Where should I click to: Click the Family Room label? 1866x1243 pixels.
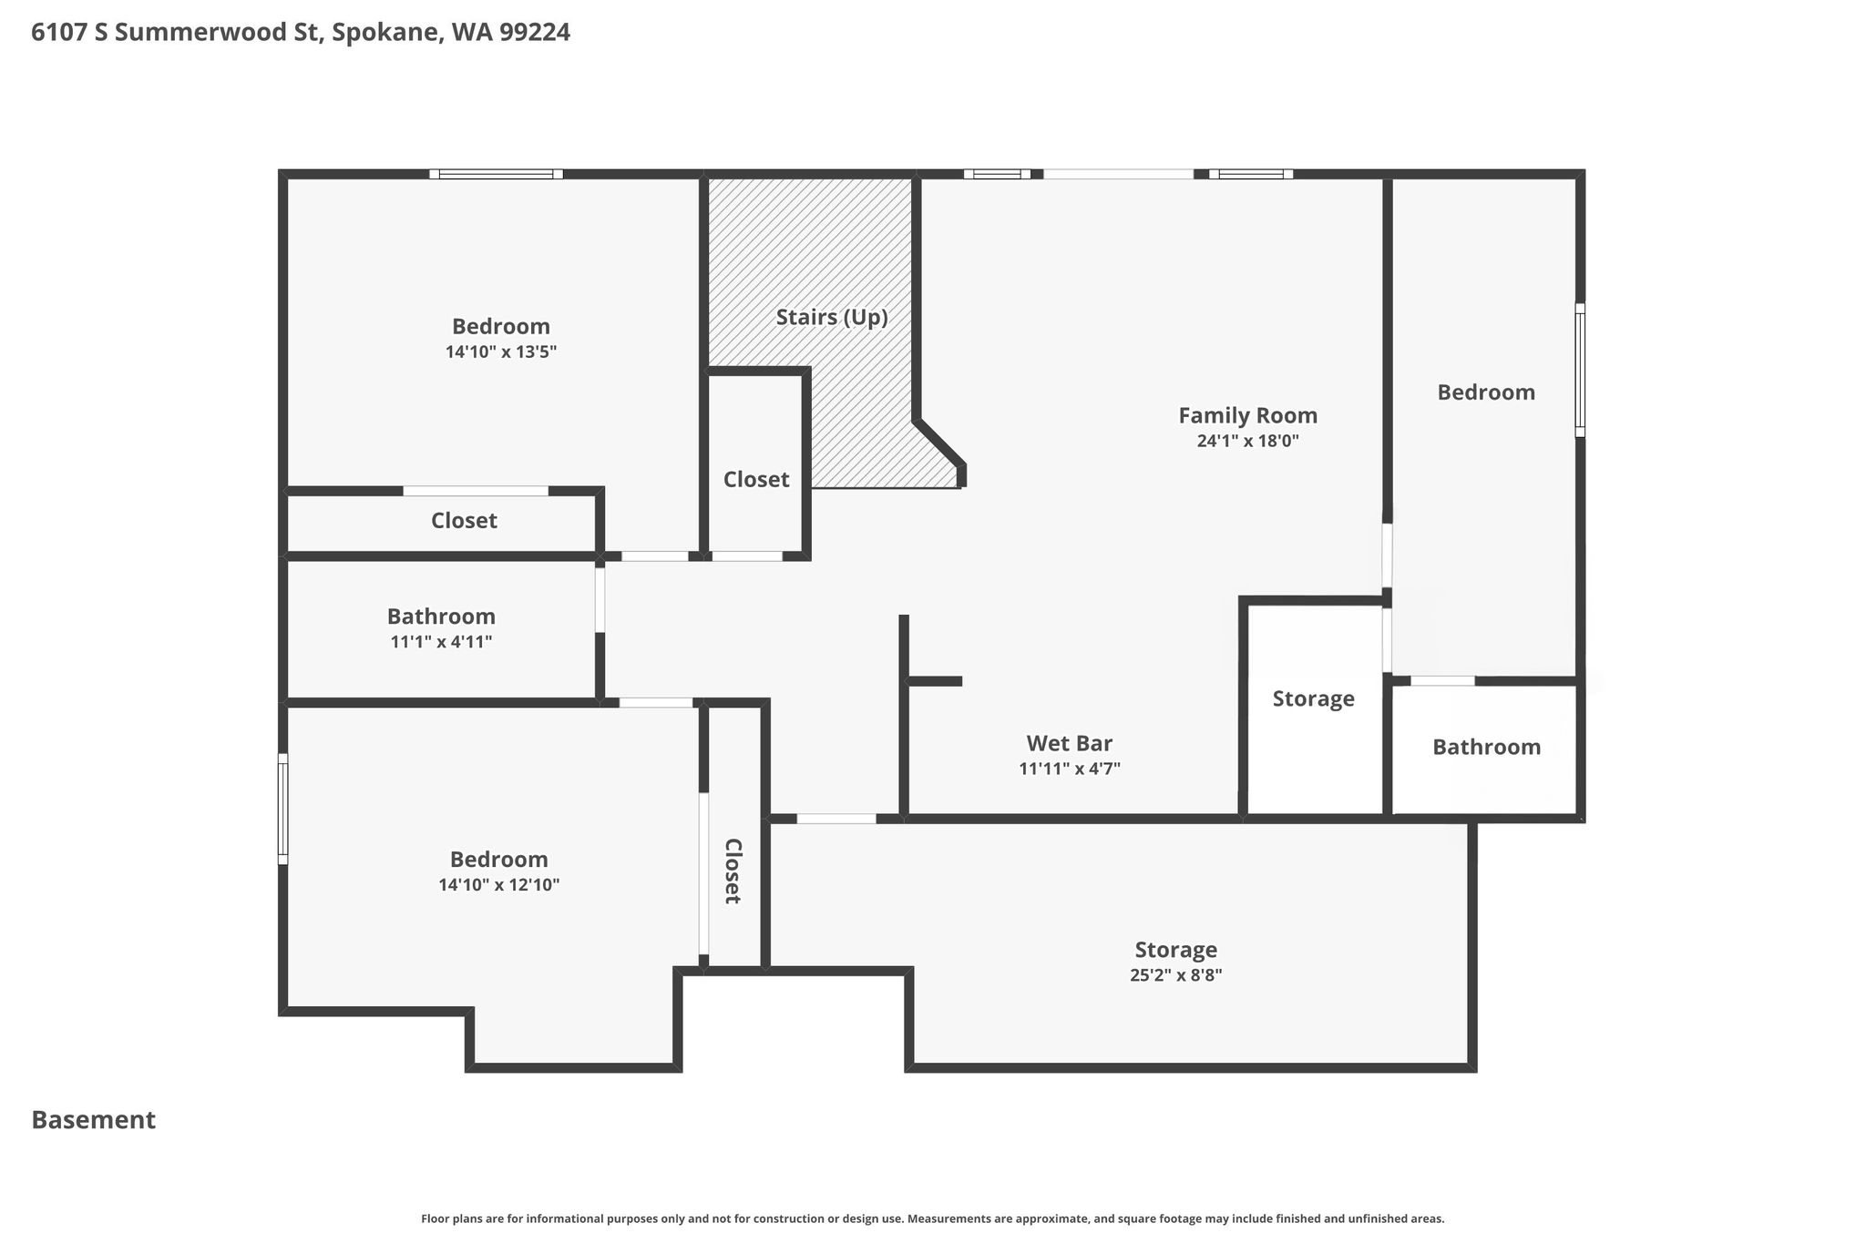tap(1247, 415)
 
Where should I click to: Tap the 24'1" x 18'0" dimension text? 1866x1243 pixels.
tap(1247, 441)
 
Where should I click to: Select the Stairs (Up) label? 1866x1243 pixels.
tap(832, 318)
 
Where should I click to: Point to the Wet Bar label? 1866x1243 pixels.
tap(1069, 743)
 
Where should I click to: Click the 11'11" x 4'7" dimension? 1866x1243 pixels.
tap(1069, 769)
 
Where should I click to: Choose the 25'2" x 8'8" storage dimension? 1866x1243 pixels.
tap(1175, 975)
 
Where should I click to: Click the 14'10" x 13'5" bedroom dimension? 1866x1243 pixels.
tap(500, 352)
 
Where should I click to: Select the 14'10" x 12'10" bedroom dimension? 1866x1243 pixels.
tap(498, 885)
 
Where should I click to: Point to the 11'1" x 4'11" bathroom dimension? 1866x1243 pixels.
tap(441, 642)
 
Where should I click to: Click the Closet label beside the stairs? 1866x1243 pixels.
tap(756, 479)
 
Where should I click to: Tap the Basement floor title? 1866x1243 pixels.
tap(94, 1120)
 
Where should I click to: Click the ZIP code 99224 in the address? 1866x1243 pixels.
tap(535, 33)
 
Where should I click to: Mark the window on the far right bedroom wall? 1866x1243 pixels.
tap(1580, 370)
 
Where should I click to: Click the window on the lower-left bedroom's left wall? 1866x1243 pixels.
tap(283, 809)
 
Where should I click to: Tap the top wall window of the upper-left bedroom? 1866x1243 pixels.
tap(496, 174)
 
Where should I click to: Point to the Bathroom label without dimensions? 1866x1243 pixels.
tap(1486, 748)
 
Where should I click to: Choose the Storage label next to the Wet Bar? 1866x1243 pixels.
tap(1313, 698)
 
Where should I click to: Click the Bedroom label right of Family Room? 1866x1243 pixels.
tap(1486, 392)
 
